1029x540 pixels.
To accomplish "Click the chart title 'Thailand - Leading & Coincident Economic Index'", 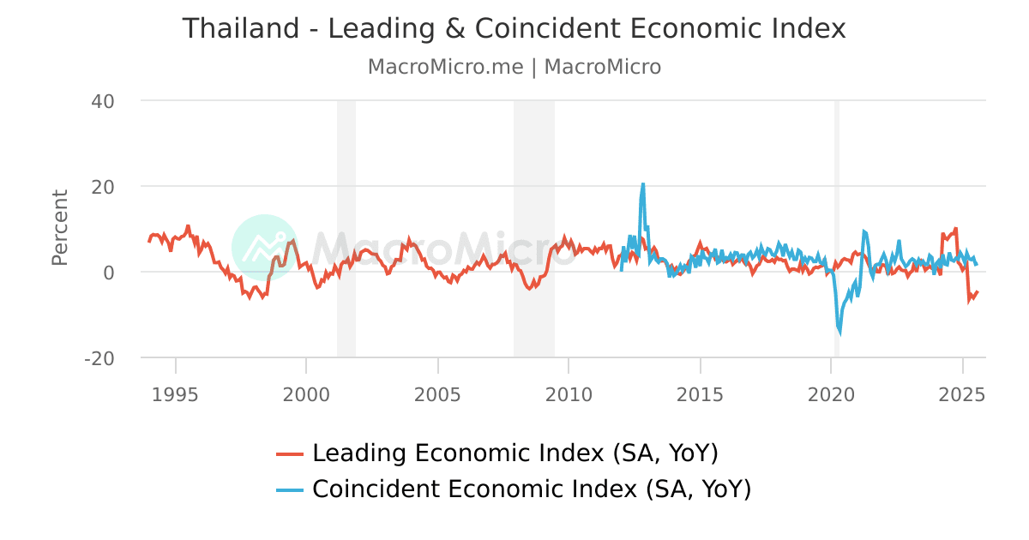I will [x=514, y=28].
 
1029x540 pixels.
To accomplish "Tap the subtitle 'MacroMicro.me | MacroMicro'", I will [x=514, y=67].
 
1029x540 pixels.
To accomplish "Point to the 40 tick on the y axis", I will [x=103, y=101].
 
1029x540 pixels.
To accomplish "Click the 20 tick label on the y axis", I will [x=103, y=187].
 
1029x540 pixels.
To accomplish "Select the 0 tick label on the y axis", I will [x=109, y=273].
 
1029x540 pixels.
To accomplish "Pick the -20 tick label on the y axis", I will [x=99, y=358].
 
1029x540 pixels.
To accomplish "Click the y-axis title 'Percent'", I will [x=59, y=227].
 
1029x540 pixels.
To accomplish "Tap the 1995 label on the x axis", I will [x=176, y=394].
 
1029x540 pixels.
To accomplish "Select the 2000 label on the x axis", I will [x=307, y=394].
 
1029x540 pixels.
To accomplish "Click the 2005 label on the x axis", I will [x=438, y=394].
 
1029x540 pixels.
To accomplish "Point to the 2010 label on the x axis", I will [x=569, y=394].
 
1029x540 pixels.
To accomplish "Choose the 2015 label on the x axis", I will [x=701, y=394].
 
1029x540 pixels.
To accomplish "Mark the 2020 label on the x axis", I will [x=831, y=394].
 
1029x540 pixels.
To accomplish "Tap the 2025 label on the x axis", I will [x=962, y=394].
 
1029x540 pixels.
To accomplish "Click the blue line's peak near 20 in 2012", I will [x=642, y=183].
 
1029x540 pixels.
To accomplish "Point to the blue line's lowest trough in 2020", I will [x=839, y=333].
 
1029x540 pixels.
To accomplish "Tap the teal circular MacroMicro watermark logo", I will [x=264, y=247].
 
